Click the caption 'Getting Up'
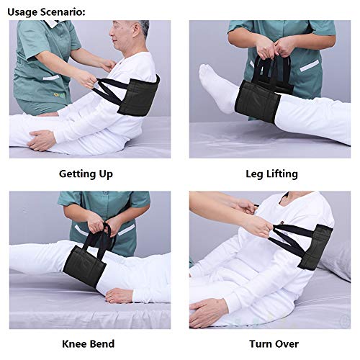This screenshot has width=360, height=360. coord(85,174)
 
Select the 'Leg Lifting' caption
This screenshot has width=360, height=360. coord(271,174)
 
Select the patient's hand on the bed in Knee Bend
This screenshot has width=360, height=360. coord(120,295)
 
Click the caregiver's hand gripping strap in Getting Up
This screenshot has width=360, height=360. coord(90,80)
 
